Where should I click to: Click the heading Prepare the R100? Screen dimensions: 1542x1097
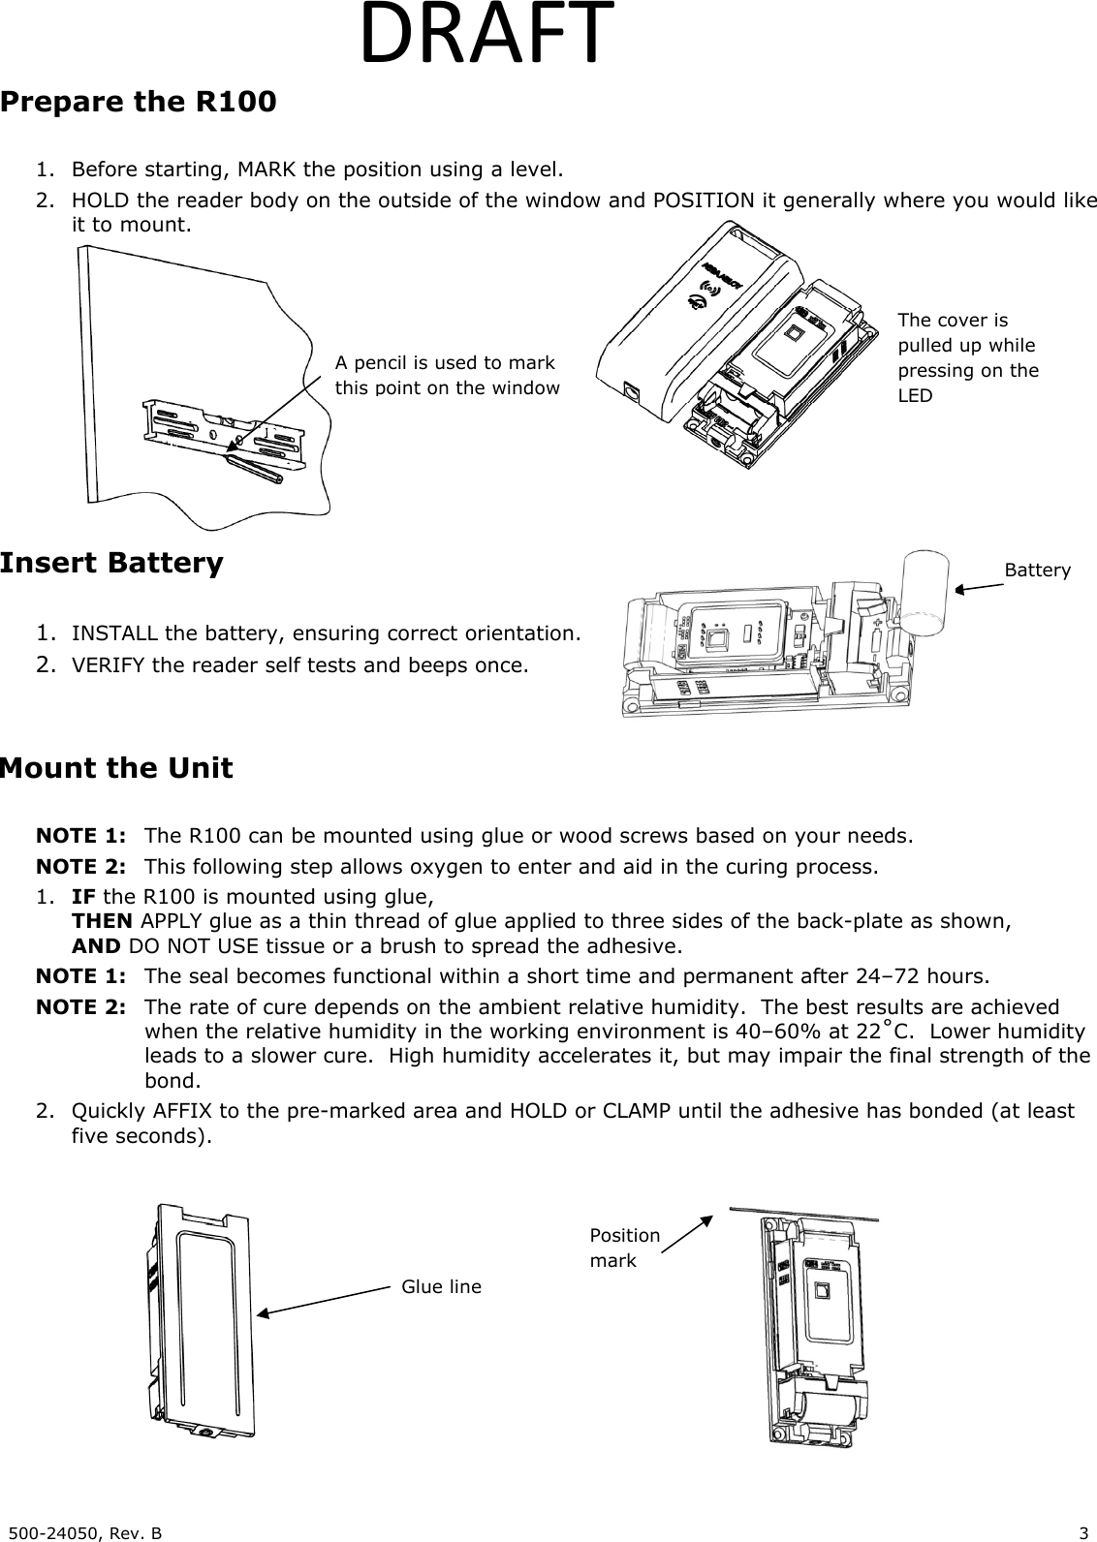click(138, 102)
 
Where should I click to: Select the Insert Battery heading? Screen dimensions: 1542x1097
click(111, 563)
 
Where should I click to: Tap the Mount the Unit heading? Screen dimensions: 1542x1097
click(116, 768)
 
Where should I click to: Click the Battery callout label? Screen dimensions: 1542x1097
click(1037, 571)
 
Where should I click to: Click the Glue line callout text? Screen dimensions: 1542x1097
click(441, 1286)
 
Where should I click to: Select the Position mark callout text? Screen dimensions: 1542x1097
click(624, 1248)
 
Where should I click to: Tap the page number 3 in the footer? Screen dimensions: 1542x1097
click(1083, 1532)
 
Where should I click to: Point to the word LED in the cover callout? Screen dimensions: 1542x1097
click(915, 396)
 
